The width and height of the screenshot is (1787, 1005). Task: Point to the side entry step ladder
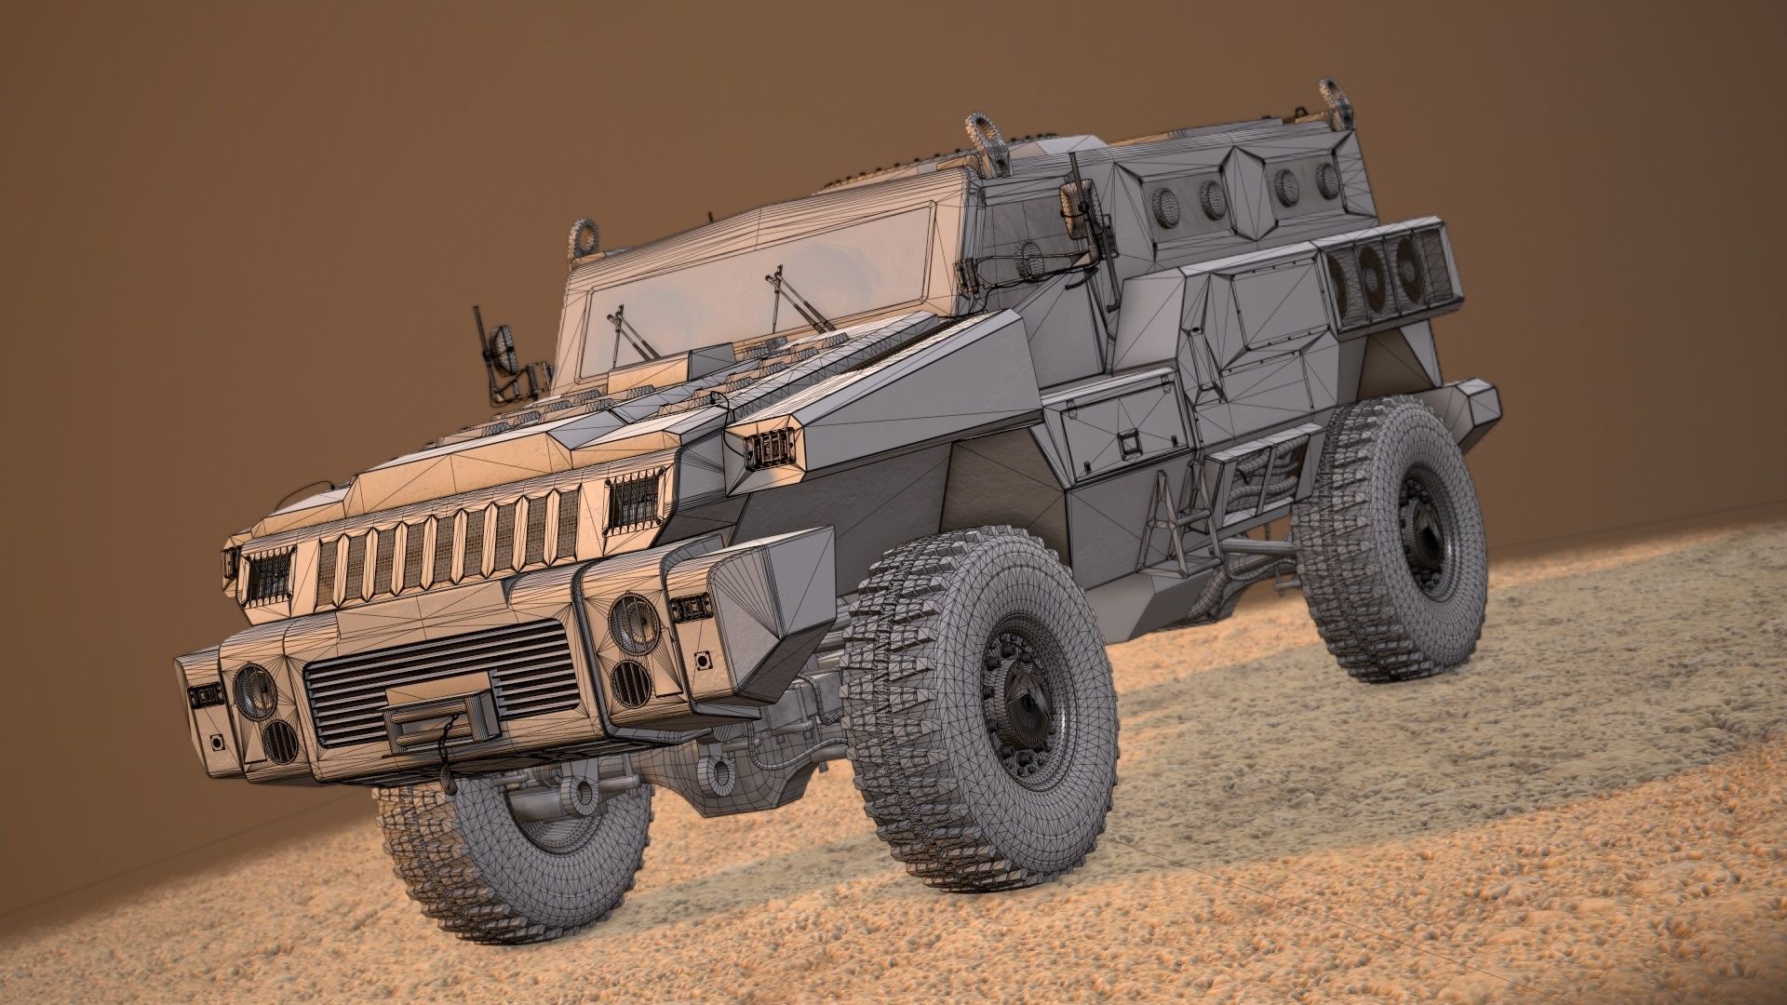click(1175, 521)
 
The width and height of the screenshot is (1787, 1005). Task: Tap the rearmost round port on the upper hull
click(1325, 180)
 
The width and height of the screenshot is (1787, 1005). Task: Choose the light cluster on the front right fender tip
click(769, 449)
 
